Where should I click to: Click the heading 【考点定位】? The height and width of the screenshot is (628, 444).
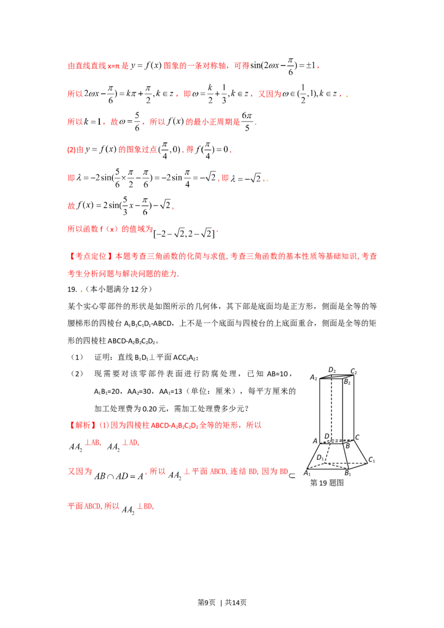(83, 257)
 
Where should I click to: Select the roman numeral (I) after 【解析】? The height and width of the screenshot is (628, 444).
(102, 426)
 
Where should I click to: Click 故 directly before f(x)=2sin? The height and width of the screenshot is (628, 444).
(70, 206)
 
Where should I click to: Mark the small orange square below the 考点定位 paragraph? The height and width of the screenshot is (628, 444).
(82, 290)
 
